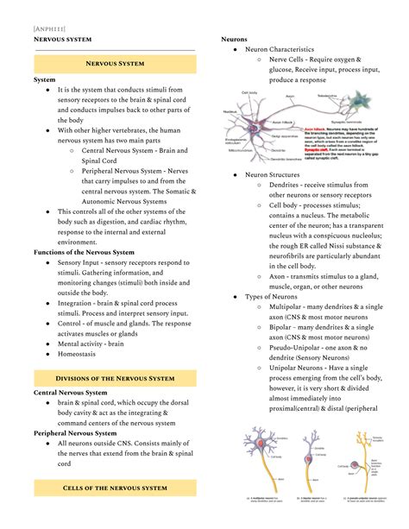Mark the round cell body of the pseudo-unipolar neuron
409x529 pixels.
[x=355, y=465]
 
